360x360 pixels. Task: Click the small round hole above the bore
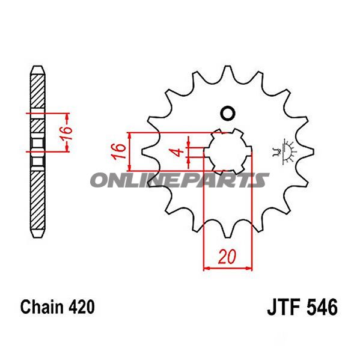pyautogui.click(x=227, y=112)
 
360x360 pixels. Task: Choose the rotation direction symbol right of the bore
pyautogui.click(x=282, y=150)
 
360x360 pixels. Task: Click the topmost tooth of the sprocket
pyautogui.click(x=227, y=70)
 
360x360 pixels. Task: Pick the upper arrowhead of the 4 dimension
pyautogui.click(x=189, y=144)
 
